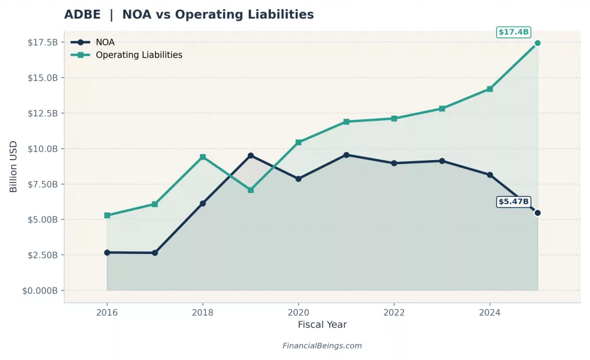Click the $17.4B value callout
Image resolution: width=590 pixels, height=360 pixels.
coord(513,32)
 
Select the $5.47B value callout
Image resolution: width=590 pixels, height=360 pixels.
coord(513,202)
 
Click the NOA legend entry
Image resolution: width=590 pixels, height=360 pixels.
coord(104,42)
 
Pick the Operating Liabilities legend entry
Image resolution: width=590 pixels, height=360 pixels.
coord(138,55)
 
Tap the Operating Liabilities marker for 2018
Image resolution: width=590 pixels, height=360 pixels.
coord(203,157)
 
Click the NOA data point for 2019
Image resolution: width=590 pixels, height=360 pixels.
coord(251,156)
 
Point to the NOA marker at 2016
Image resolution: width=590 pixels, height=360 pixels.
coord(107,252)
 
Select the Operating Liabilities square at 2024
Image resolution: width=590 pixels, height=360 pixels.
coord(490,89)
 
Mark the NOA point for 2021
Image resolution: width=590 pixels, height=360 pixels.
coord(346,155)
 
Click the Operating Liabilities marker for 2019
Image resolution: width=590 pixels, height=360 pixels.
coord(251,190)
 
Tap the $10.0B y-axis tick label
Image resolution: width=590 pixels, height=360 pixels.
coord(43,149)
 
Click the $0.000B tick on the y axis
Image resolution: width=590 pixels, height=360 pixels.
coord(40,291)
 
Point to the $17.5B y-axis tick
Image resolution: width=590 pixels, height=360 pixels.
coord(43,43)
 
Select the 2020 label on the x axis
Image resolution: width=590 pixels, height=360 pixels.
coord(298,313)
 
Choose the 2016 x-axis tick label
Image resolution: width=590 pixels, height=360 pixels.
coord(107,313)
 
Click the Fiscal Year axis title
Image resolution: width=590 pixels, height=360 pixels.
coord(322,325)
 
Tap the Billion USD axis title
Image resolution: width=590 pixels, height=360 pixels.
coord(13,166)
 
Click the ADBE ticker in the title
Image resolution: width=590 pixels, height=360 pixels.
coord(82,14)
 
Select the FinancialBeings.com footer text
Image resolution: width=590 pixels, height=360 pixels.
coord(322,346)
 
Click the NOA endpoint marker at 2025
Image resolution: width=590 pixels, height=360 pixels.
coord(538,213)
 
